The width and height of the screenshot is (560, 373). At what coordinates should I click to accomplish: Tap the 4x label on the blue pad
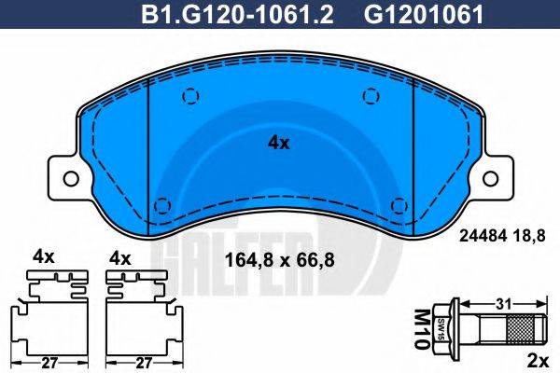[279, 143]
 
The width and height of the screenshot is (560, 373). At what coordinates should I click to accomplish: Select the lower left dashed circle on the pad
[162, 206]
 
